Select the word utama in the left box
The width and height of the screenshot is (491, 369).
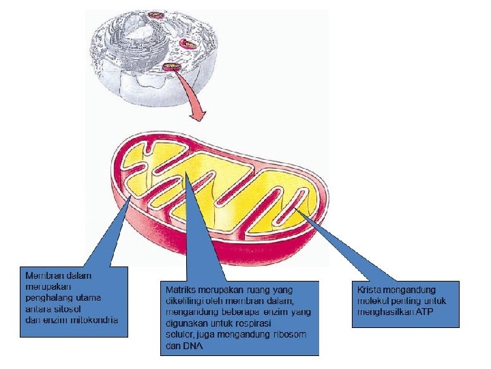pos(89,297)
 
